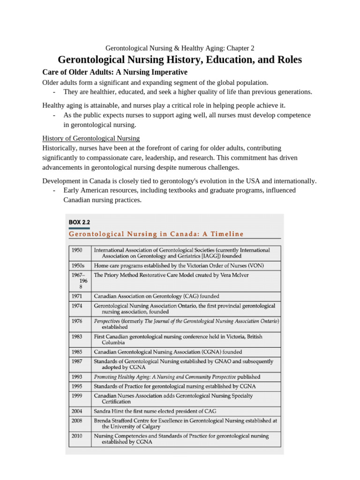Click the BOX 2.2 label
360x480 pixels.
[x=79, y=222]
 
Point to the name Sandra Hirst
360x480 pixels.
[x=109, y=411]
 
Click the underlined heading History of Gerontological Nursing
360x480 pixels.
[x=91, y=138]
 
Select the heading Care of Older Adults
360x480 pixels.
[x=115, y=72]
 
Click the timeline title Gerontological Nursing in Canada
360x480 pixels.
[x=156, y=234]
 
